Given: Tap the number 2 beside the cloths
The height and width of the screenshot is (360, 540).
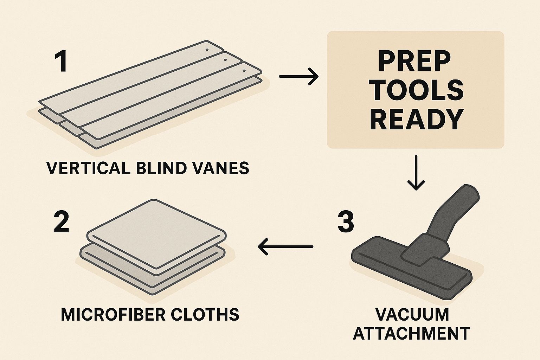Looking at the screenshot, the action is click(x=62, y=221).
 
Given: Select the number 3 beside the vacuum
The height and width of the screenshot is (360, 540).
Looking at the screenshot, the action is click(x=346, y=221).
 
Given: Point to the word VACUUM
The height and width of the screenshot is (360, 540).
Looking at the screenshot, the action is click(x=412, y=314).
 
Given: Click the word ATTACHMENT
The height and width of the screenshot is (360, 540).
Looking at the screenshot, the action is click(x=411, y=333).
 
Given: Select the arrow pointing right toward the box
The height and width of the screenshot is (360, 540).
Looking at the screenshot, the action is click(x=298, y=76).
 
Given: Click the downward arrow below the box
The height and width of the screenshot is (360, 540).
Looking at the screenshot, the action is click(x=416, y=173).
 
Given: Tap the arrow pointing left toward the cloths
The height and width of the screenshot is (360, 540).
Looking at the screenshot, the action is click(x=285, y=246).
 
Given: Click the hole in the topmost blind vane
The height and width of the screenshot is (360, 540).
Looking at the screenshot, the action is click(x=207, y=50).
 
